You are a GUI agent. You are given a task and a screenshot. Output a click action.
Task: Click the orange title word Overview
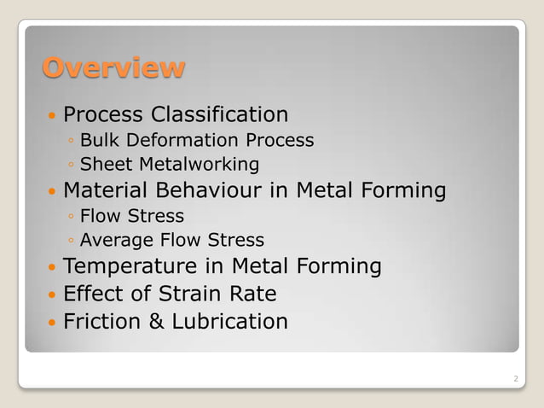click(x=113, y=67)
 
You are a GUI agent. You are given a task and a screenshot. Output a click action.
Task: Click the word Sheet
click(x=105, y=164)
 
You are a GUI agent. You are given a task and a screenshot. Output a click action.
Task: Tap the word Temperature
click(x=126, y=267)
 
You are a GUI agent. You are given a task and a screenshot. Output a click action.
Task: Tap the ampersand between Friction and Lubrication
click(x=149, y=322)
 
